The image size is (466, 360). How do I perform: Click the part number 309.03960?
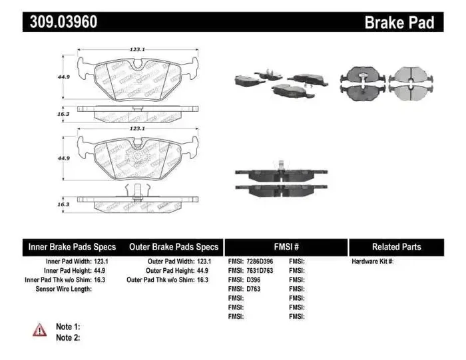64,23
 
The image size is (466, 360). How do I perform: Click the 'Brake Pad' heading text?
399,23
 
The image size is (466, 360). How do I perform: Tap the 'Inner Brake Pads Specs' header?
72,247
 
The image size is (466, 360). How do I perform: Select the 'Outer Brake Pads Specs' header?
174,247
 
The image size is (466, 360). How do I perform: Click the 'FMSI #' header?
286,247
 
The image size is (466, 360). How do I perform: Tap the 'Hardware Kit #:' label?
373,262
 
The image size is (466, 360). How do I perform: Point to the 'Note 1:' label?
67,327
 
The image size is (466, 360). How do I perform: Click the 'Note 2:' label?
67,337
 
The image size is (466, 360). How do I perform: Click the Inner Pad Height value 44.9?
101,271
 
